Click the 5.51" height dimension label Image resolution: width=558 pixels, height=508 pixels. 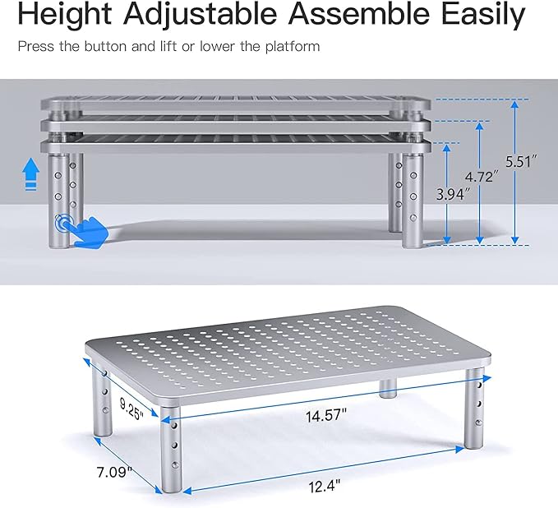point(523,162)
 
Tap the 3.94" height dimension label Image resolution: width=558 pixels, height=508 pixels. point(454,195)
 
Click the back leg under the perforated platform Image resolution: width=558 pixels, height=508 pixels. point(389,387)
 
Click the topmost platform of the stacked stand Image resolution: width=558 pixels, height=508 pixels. point(238,105)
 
